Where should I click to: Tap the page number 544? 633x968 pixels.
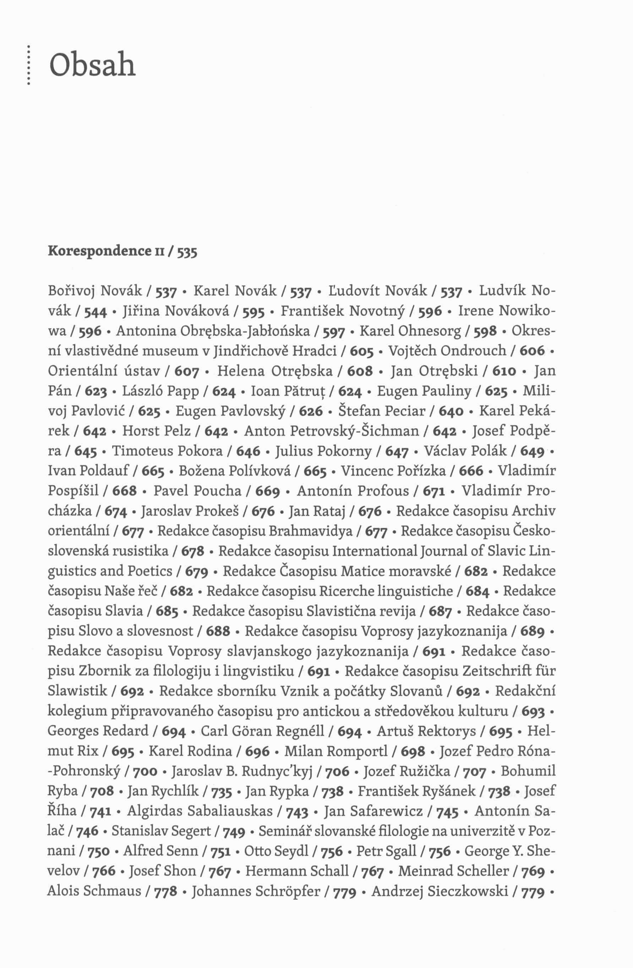tap(96, 312)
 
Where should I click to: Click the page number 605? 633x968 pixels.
tap(362, 351)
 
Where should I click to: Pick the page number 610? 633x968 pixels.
tap(504, 371)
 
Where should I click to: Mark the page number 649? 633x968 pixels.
tap(532, 452)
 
